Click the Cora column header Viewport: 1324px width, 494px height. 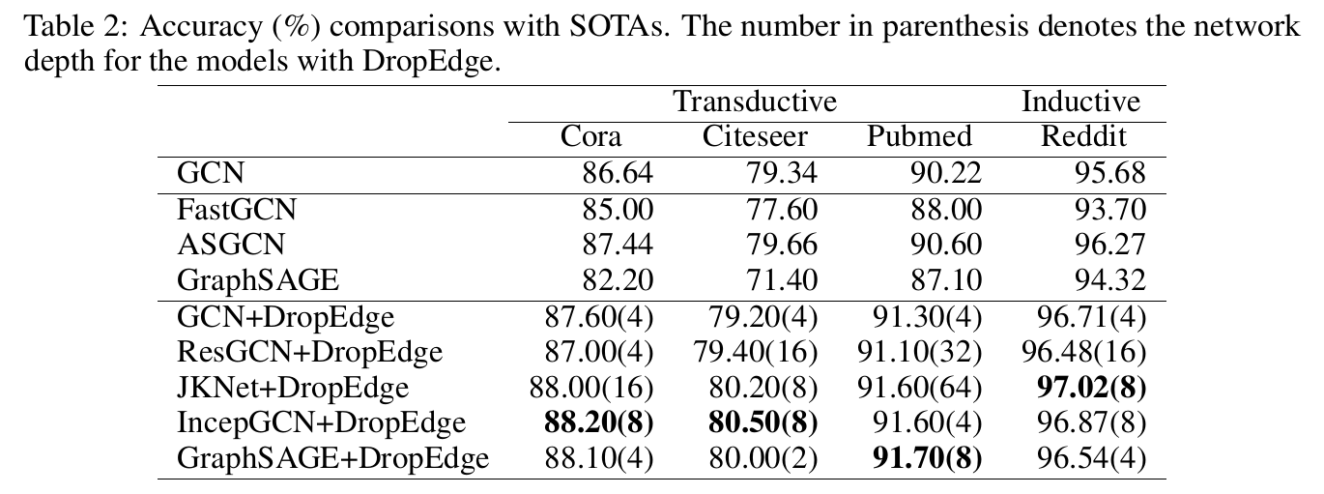[592, 136]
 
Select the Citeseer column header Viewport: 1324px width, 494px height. [755, 136]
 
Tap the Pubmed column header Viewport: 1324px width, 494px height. [919, 136]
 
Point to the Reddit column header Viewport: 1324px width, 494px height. [1083, 136]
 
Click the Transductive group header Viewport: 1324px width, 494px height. [755, 101]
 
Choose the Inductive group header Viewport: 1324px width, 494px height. [1080, 101]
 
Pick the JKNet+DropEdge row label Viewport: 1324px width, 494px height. [293, 387]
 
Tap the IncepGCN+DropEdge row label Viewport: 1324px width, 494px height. [321, 422]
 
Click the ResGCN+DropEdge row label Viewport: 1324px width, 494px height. [309, 351]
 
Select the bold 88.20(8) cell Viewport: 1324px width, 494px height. [592, 422]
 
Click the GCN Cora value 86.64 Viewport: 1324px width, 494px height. [618, 173]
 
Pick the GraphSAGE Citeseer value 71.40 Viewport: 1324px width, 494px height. [782, 280]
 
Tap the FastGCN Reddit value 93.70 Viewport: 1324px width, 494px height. [1110, 209]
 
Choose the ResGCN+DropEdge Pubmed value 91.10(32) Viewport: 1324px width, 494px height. [920, 351]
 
